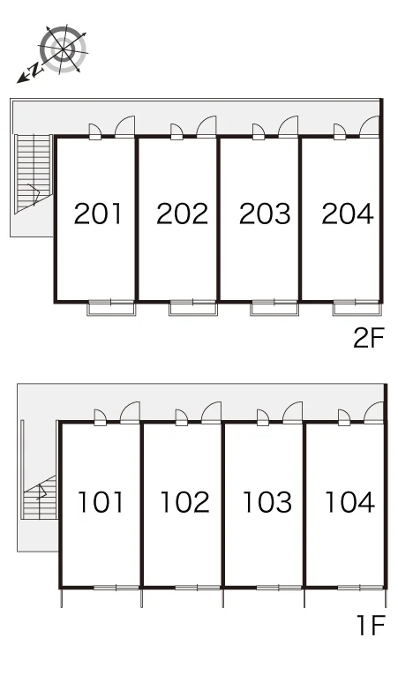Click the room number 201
coord(98,214)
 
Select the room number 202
coord(182,214)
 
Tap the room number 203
coord(265,214)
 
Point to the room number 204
coord(348,214)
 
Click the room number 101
coord(101,501)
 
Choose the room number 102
coord(184,501)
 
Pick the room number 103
coord(267,501)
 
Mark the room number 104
coord(349,501)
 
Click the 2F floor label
coord(369,338)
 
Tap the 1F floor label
coord(371,625)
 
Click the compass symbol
coord(64,49)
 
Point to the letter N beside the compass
coord(34,70)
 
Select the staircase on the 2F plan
coord(34,174)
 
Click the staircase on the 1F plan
coord(40,498)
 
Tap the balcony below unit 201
coord(111,309)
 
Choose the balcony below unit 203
coord(274,309)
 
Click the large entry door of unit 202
coord(207,127)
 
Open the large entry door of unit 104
coord(373,413)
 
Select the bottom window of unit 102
coord(198,588)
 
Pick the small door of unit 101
coord(100,417)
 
